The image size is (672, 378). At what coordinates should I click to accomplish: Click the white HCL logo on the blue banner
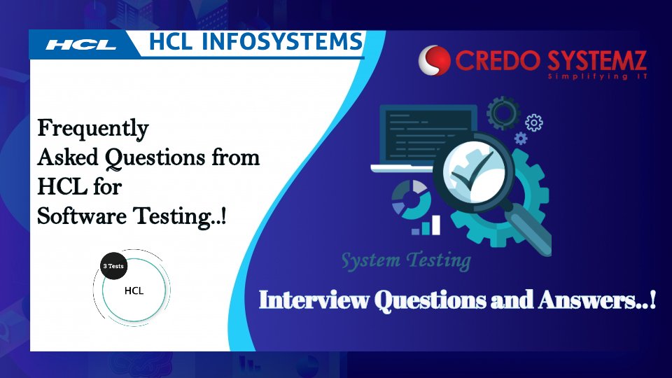tap(81, 45)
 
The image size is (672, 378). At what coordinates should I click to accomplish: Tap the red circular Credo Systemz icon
tap(435, 61)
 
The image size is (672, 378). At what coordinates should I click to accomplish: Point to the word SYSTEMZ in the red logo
tap(594, 60)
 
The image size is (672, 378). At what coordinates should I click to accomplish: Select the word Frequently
tap(92, 128)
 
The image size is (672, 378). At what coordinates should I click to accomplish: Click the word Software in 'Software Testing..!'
tap(77, 217)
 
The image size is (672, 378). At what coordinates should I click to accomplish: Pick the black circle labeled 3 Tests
tap(113, 266)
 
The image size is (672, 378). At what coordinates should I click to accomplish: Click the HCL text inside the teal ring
tap(134, 290)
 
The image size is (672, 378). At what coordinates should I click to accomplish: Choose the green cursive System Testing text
tap(405, 260)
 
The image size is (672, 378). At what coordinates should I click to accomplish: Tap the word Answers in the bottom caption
tap(599, 300)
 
